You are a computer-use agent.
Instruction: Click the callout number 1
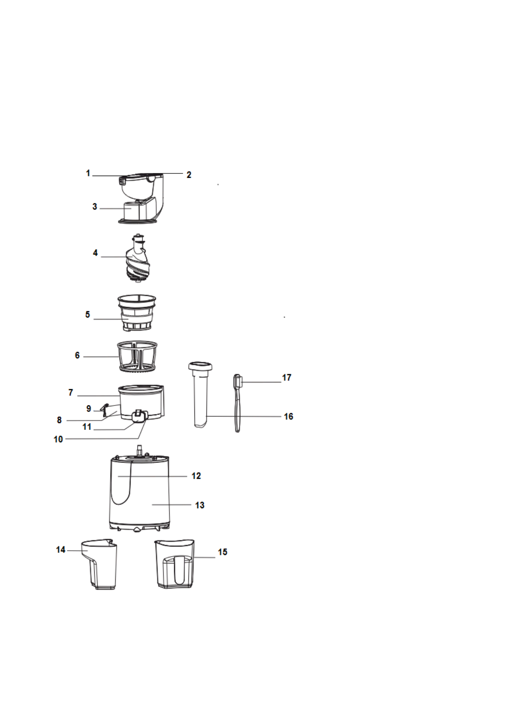(88, 173)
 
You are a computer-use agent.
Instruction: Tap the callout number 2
(189, 175)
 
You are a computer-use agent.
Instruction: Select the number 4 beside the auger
(95, 253)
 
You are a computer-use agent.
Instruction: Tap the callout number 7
(71, 393)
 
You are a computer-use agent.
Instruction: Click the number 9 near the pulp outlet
(89, 409)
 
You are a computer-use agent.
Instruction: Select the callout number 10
(58, 439)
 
